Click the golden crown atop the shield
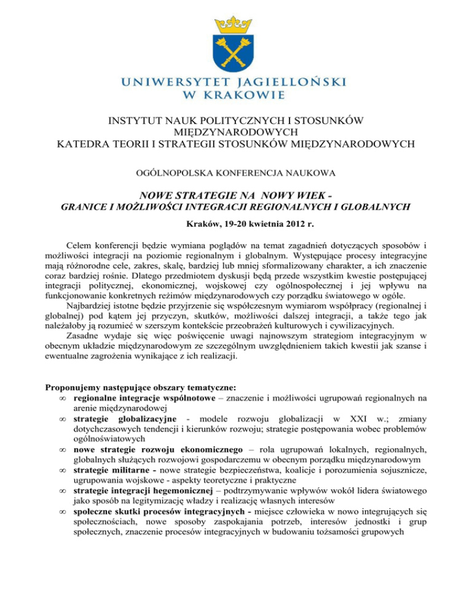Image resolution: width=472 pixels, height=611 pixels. (x=235, y=25)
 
